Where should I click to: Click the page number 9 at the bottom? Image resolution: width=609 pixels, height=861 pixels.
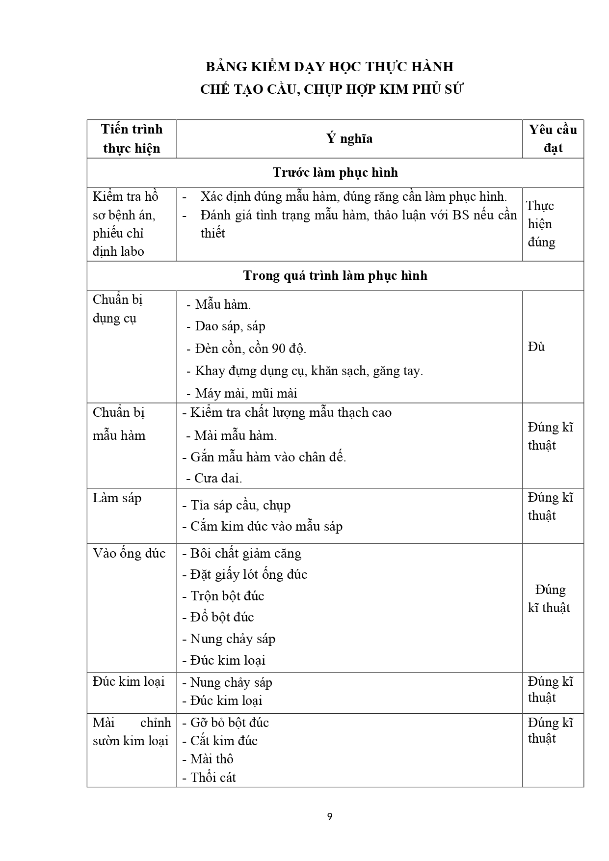click(x=329, y=817)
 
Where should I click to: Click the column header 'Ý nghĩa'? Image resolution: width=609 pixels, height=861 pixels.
click(x=349, y=139)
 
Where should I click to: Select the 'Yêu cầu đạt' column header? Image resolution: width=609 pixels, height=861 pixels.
click(x=553, y=139)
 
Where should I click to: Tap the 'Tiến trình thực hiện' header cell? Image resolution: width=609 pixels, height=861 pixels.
click(x=132, y=139)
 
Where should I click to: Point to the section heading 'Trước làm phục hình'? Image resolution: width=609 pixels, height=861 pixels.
click(x=335, y=173)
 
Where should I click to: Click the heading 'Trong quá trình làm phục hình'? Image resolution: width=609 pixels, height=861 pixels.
click(x=335, y=276)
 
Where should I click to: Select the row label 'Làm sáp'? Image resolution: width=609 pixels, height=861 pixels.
click(x=117, y=498)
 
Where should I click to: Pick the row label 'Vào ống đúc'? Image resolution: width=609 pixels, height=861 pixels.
click(x=129, y=554)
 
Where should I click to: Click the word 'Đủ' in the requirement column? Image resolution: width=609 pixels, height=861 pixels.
click(x=536, y=347)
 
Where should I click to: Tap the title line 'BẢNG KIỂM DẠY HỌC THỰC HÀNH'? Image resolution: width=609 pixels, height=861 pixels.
click(x=329, y=67)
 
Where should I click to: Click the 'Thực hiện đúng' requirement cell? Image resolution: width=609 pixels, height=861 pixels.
click(x=541, y=224)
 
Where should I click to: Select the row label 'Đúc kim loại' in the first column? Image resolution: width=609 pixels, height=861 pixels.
click(x=129, y=682)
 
